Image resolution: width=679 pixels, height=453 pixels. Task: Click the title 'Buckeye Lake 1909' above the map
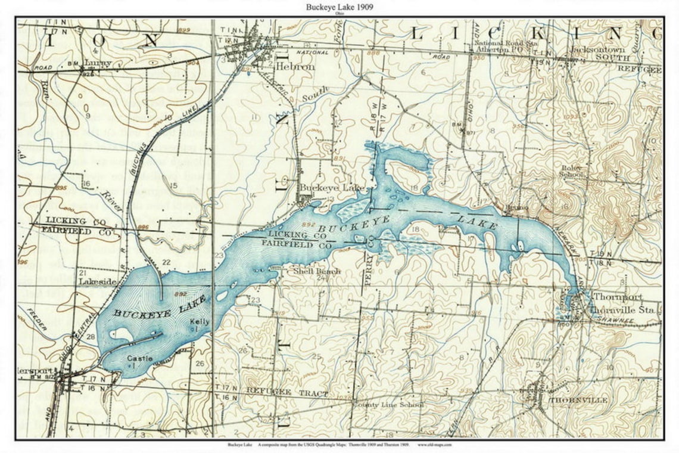339,7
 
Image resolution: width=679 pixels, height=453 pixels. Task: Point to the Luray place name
98,61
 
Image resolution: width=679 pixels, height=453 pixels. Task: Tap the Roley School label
571,171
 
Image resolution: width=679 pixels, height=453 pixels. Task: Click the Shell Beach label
317,271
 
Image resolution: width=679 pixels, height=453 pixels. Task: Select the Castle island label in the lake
139,359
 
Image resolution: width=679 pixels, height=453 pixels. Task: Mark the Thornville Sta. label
622,310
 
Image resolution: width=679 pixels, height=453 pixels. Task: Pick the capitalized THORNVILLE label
578,400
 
